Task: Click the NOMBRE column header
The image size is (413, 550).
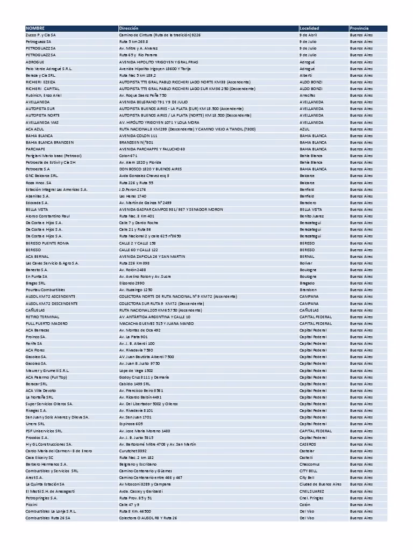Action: [x=35, y=28]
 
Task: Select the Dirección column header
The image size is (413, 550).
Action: [x=129, y=28]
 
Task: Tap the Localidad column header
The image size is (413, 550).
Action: [x=309, y=28]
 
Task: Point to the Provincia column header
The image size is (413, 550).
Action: [x=359, y=28]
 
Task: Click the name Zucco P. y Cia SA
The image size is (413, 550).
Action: [x=40, y=35]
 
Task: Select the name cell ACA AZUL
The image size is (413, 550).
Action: [x=34, y=129]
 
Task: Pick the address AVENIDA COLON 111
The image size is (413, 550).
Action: [x=138, y=135]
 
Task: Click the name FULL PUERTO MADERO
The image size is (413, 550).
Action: [x=47, y=324]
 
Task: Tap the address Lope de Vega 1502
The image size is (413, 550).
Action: [x=136, y=371]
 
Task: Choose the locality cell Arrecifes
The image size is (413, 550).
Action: [x=308, y=95]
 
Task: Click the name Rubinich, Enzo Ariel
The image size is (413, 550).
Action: [x=44, y=95]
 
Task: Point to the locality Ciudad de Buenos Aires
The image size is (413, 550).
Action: [x=321, y=484]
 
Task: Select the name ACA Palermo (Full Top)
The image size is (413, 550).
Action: [x=46, y=378]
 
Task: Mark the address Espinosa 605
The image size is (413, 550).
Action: [x=131, y=424]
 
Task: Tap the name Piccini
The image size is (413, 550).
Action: [x=31, y=505]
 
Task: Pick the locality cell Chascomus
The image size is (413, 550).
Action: [x=310, y=465]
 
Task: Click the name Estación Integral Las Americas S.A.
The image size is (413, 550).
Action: [x=56, y=189]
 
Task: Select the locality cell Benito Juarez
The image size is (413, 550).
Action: [x=311, y=216]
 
